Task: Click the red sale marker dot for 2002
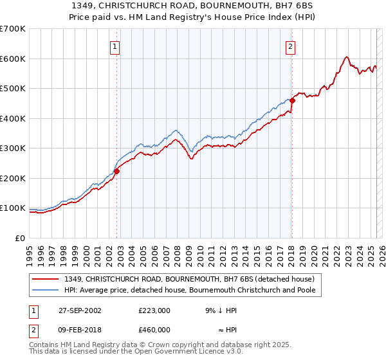(x=117, y=171)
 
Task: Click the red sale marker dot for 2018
(x=292, y=100)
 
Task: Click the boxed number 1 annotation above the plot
(x=115, y=46)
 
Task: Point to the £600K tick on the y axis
(x=12, y=59)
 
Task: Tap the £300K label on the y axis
(x=12, y=148)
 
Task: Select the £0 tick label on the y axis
(x=20, y=238)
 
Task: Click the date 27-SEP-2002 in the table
(x=80, y=310)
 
